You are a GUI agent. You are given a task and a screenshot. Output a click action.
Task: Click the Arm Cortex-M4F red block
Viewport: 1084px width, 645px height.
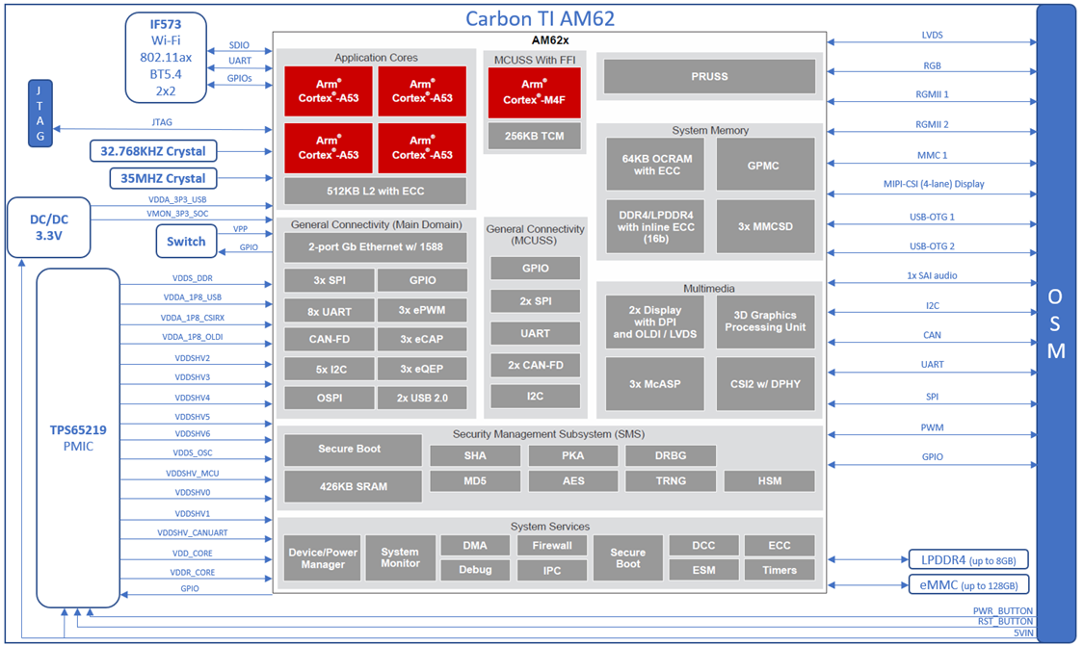pyautogui.click(x=535, y=92)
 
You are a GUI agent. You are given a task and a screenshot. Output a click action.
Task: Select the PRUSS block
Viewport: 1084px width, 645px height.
pyautogui.click(x=709, y=76)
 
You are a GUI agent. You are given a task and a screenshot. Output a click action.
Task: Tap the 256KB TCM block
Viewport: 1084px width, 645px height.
pyautogui.click(x=535, y=136)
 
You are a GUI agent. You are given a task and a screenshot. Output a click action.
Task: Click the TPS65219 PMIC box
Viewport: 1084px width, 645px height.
pyautogui.click(x=78, y=438)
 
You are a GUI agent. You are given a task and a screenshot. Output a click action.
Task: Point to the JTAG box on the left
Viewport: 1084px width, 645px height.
pyautogui.click(x=40, y=113)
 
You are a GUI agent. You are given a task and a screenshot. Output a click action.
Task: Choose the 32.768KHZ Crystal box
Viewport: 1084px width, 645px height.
pyautogui.click(x=153, y=151)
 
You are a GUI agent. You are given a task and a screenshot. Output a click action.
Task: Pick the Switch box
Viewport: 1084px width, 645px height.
pyautogui.click(x=186, y=241)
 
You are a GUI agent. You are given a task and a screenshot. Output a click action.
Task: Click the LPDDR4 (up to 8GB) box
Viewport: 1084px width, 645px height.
pyautogui.click(x=968, y=559)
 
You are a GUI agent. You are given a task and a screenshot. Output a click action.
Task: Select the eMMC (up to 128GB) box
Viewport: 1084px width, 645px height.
pyautogui.click(x=968, y=584)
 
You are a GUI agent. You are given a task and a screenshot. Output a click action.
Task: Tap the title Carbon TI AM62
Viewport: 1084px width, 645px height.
pyautogui.click(x=540, y=18)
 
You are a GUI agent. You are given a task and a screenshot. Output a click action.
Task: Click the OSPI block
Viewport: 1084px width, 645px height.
pyautogui.click(x=329, y=398)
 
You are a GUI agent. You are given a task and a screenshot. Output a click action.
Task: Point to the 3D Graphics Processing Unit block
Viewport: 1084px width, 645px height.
pyautogui.click(x=766, y=322)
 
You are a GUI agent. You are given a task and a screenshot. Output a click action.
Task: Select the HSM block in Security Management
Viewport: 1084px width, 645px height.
pyautogui.click(x=769, y=480)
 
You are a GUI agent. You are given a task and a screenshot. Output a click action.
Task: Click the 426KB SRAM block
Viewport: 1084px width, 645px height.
pyautogui.click(x=353, y=486)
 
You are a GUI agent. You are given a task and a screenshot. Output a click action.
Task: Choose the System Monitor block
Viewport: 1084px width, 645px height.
pyautogui.click(x=400, y=557)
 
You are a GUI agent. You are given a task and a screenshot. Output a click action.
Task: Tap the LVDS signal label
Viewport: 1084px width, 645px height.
pyautogui.click(x=932, y=36)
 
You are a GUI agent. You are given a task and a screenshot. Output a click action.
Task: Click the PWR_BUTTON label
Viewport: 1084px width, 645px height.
pyautogui.click(x=1002, y=610)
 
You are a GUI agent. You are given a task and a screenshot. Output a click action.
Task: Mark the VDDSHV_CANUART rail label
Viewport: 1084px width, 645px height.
pyautogui.click(x=193, y=532)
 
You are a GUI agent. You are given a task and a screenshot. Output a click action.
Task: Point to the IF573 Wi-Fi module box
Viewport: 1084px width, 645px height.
pyautogui.click(x=166, y=57)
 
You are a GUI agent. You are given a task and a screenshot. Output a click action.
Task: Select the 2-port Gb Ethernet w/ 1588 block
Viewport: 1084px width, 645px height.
pyautogui.click(x=375, y=247)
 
